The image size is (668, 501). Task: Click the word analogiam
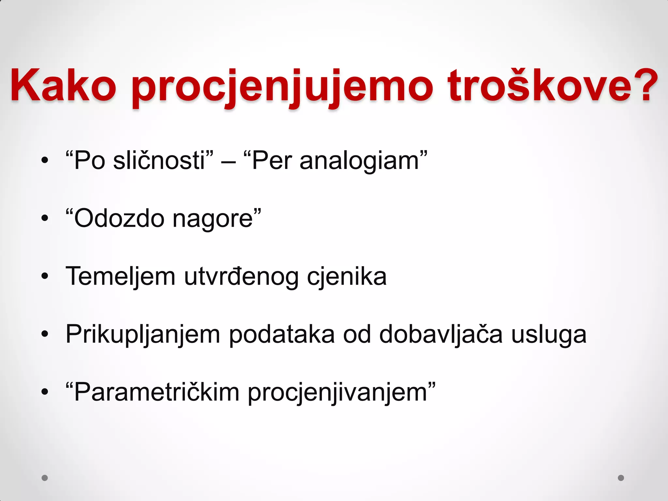359,161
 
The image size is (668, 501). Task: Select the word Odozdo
119,219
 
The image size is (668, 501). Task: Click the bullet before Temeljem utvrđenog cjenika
45,277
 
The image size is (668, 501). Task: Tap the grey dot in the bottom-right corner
621,478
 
